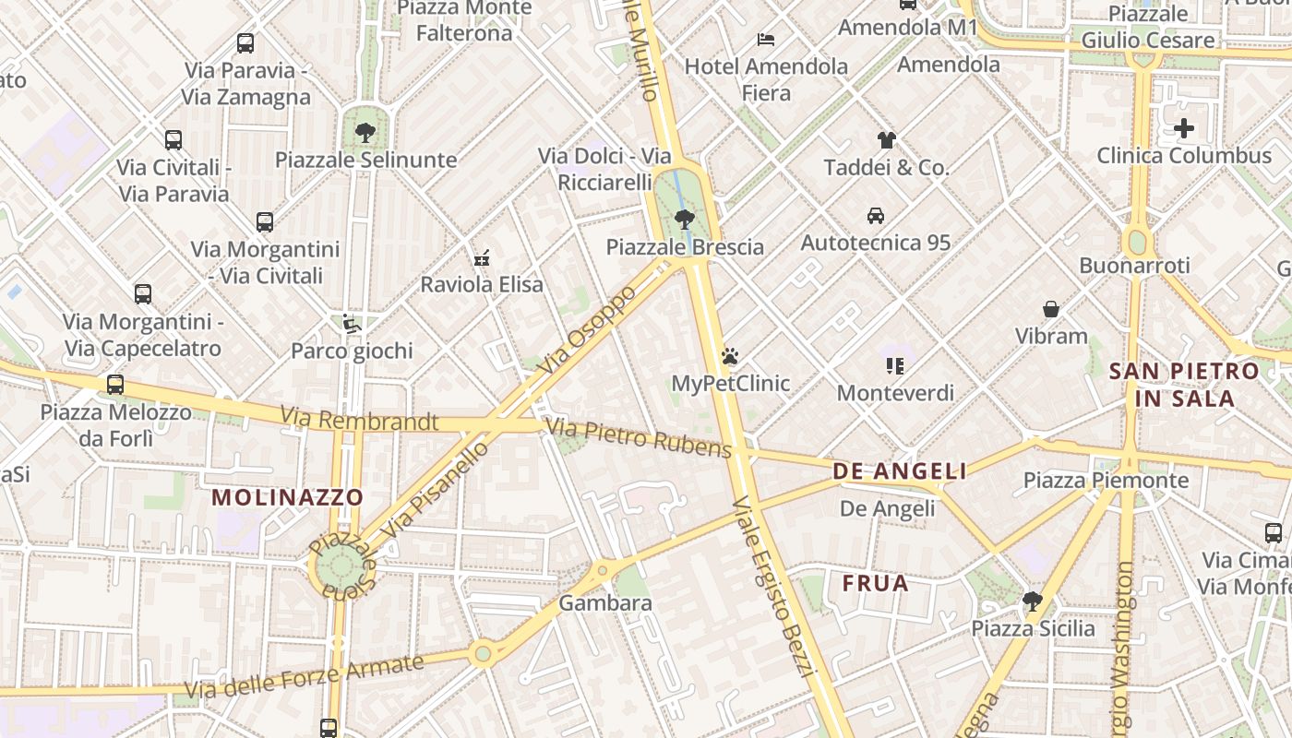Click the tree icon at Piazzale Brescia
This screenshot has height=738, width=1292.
pos(684,220)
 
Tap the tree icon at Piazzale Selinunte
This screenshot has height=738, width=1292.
pos(365,132)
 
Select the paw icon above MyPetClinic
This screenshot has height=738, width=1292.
pos(730,356)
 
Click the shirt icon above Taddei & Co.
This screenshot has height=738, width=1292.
pos(886,140)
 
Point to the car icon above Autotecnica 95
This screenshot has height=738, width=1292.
pos(875,216)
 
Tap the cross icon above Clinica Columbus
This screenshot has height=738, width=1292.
pos(1184,128)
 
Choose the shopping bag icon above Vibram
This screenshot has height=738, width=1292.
pos(1051,309)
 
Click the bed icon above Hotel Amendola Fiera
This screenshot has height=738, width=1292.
pos(766,40)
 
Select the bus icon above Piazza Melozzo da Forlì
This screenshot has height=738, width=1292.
pos(115,385)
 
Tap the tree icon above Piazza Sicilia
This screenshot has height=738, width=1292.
pos(1033,602)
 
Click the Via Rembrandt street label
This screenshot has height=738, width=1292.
pos(359,420)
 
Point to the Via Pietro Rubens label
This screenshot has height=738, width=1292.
pos(639,437)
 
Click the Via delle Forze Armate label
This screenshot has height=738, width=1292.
pos(304,677)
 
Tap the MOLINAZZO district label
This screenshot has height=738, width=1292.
pos(288,497)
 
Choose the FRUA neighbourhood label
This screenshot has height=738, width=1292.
pos(875,583)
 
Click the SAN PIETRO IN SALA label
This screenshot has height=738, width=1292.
pos(1184,385)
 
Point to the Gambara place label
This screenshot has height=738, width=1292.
pos(605,603)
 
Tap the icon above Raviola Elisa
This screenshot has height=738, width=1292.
pos(481,258)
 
